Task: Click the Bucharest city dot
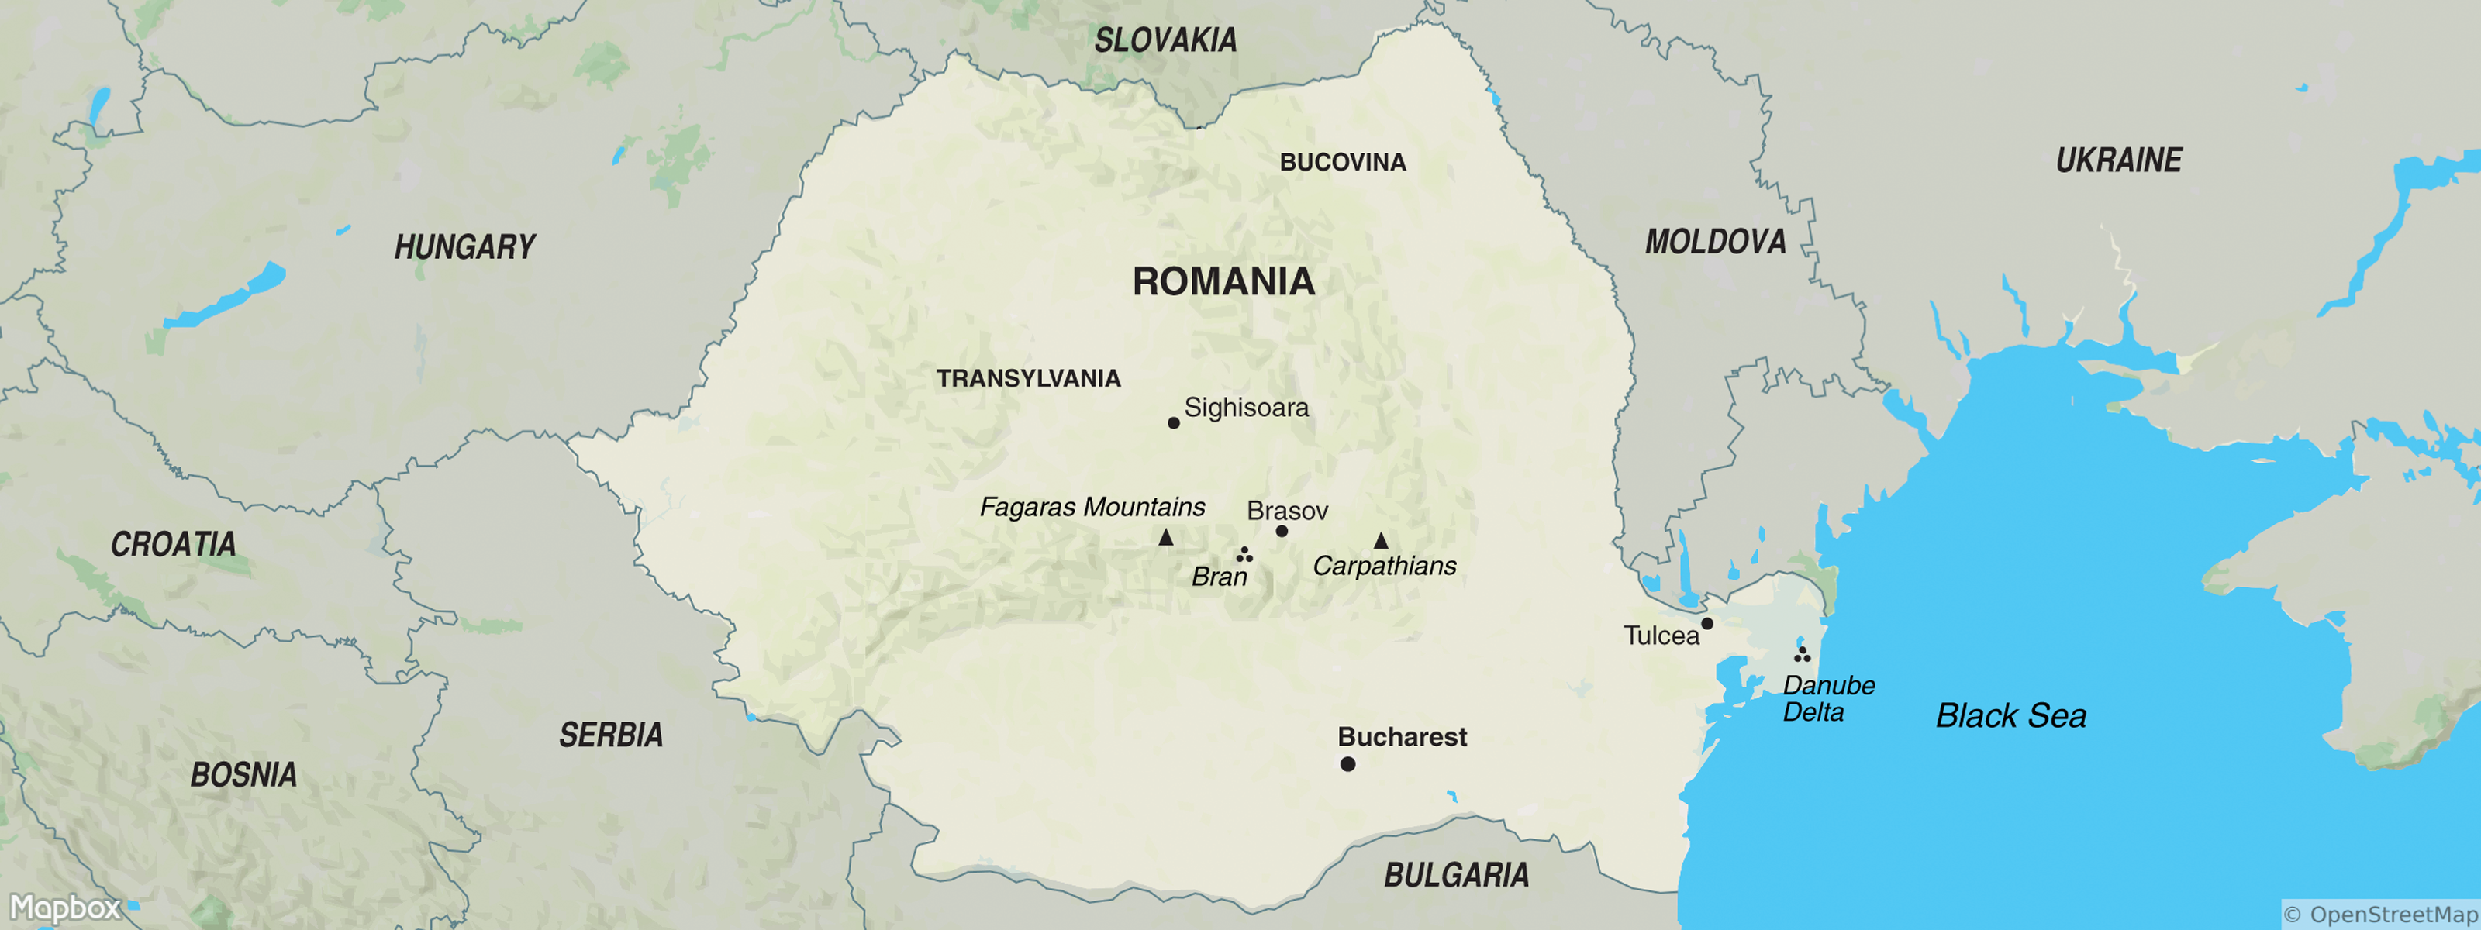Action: [x=1347, y=763]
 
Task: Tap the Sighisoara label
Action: [x=1245, y=407]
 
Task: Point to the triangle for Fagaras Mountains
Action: [x=1165, y=537]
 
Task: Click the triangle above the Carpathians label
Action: [x=1380, y=541]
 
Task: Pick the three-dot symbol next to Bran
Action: [x=1244, y=555]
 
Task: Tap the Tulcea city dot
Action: [x=1706, y=623]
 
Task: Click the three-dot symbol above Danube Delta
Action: [x=1801, y=655]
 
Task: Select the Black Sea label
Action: [x=2010, y=715]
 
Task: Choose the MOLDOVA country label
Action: [x=1714, y=241]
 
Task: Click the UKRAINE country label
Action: [x=2118, y=160]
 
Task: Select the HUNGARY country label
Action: [x=464, y=246]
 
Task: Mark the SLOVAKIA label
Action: [x=1165, y=40]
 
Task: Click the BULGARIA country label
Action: [x=1455, y=874]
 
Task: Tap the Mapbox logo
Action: [x=65, y=907]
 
